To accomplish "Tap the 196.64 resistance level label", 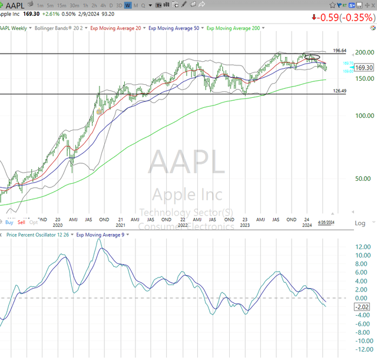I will (x=339, y=51).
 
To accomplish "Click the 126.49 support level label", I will (x=339, y=91).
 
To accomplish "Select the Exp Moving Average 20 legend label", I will (x=118, y=28).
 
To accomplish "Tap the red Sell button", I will (x=21, y=222).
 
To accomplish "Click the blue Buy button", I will (x=9, y=222).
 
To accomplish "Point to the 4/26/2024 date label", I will (x=326, y=222).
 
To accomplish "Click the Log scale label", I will (x=360, y=223).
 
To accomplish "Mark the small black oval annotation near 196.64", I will (x=312, y=57).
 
